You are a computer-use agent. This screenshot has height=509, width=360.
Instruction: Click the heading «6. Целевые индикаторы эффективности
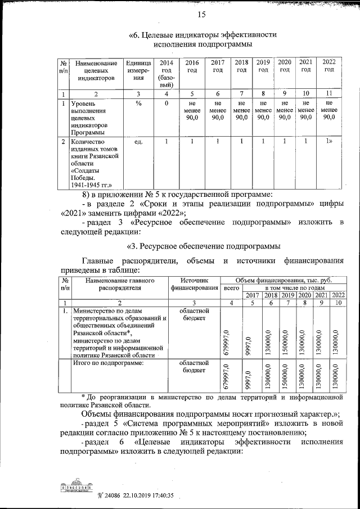(x=202, y=34)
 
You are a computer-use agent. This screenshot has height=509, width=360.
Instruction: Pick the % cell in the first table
(x=138, y=103)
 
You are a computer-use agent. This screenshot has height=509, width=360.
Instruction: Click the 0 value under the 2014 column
(x=166, y=103)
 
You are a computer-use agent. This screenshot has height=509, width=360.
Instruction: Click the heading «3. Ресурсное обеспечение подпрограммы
(x=204, y=246)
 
